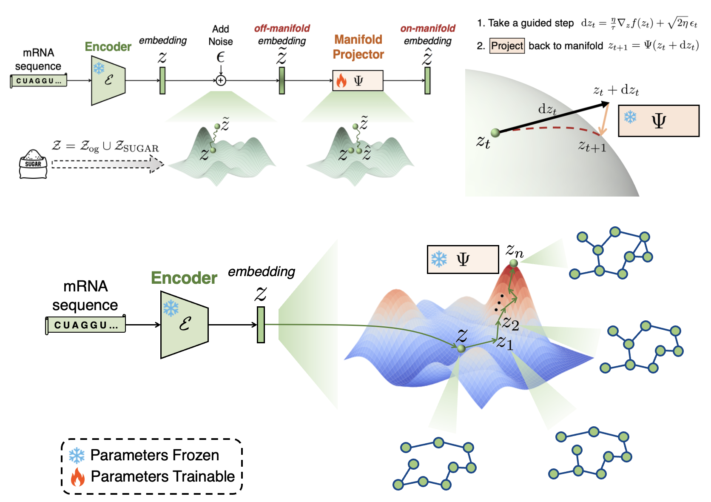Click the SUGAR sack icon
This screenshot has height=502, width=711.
(x=33, y=164)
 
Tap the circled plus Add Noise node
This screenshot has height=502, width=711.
(x=221, y=80)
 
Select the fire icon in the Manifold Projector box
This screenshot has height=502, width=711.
(x=341, y=80)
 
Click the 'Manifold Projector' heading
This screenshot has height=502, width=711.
(x=358, y=47)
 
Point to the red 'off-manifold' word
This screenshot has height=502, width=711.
(x=282, y=29)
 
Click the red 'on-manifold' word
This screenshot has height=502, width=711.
(x=427, y=29)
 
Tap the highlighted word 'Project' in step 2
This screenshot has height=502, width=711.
(x=507, y=46)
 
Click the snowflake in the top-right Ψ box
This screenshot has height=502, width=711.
(x=630, y=117)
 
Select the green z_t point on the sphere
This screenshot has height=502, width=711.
(x=495, y=133)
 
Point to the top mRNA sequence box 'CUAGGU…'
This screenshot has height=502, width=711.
(x=39, y=81)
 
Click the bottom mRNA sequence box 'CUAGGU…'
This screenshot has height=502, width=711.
(x=85, y=325)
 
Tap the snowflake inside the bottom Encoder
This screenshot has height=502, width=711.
(x=171, y=308)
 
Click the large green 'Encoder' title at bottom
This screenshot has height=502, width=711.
(x=184, y=278)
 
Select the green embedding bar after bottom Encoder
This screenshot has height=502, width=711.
(x=261, y=325)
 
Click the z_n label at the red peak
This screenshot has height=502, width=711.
(x=515, y=251)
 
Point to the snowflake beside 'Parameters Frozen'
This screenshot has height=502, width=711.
(x=77, y=456)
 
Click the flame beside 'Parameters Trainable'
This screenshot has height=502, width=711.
(x=77, y=477)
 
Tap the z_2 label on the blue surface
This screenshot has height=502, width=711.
(x=510, y=323)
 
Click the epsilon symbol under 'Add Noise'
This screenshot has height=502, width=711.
(x=220, y=57)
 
